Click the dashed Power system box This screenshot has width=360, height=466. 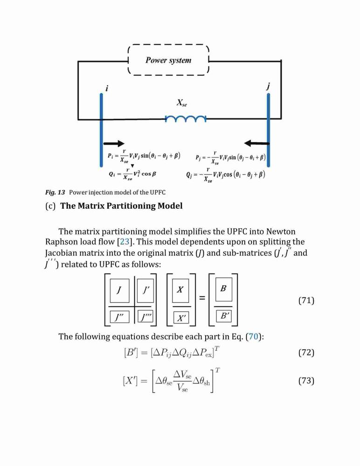(x=168, y=45)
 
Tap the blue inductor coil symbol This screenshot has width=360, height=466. (x=186, y=119)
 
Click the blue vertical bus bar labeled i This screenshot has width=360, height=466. (x=101, y=130)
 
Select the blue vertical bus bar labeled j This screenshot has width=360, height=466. (x=268, y=130)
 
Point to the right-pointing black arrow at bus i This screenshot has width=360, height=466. (x=114, y=144)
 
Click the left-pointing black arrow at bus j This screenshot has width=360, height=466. (x=256, y=144)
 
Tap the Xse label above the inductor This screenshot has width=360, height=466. (x=182, y=103)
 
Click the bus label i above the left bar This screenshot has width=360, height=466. (x=107, y=88)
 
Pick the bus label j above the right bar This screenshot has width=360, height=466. (x=268, y=87)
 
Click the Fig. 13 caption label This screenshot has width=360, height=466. (x=55, y=192)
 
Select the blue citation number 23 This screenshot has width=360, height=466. (x=125, y=241)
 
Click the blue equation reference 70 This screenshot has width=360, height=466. (x=253, y=336)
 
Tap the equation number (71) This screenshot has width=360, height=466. (x=306, y=301)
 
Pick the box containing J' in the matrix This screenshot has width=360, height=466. (x=145, y=290)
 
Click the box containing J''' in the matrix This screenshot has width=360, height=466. (x=145, y=317)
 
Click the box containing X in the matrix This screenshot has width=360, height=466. (x=180, y=290)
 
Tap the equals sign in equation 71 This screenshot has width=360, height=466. (x=202, y=298)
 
